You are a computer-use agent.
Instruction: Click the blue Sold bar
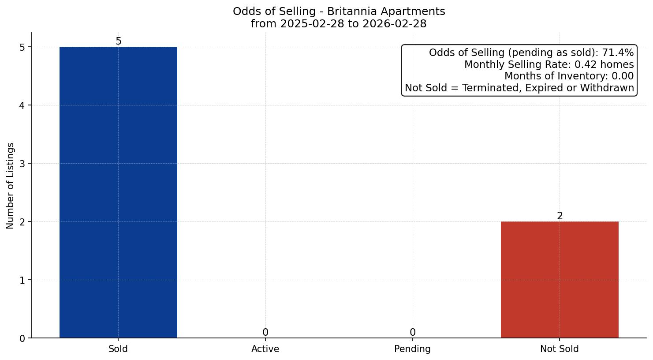pyautogui.click(x=118, y=192)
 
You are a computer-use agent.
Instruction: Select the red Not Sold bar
pyautogui.click(x=560, y=280)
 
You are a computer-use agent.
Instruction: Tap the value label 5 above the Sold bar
pyautogui.click(x=118, y=41)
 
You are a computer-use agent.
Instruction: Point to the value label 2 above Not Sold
pyautogui.click(x=560, y=216)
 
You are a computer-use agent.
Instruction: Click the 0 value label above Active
pyautogui.click(x=265, y=333)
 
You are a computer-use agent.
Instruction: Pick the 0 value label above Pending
pyautogui.click(x=412, y=333)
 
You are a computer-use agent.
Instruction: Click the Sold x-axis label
pyautogui.click(x=118, y=349)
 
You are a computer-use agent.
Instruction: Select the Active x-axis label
pyautogui.click(x=265, y=349)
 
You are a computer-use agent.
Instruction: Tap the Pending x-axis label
pyautogui.click(x=412, y=349)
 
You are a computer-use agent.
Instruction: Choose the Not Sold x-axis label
pyautogui.click(x=560, y=349)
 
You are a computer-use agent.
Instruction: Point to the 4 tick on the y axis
pyautogui.click(x=22, y=105)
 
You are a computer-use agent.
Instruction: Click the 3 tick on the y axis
pyautogui.click(x=22, y=164)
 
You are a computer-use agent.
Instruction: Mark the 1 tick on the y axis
pyautogui.click(x=22, y=280)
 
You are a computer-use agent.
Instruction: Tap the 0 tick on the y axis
pyautogui.click(x=22, y=338)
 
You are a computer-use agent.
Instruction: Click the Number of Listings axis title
pyautogui.click(x=11, y=185)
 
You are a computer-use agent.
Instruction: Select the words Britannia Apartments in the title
pyautogui.click(x=386, y=11)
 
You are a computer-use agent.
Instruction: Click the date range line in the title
pyautogui.click(x=339, y=24)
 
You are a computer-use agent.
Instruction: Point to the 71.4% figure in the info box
pyautogui.click(x=618, y=53)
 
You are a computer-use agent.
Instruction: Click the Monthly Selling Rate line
pyautogui.click(x=549, y=65)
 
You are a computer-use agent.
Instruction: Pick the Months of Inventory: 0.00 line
pyautogui.click(x=569, y=76)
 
